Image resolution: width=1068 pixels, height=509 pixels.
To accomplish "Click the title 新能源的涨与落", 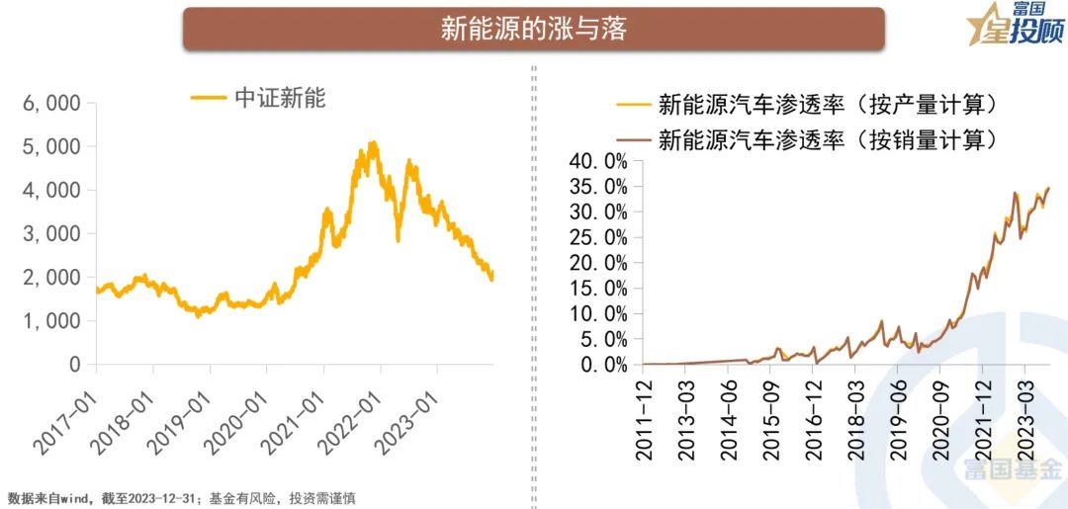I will click(x=533, y=29).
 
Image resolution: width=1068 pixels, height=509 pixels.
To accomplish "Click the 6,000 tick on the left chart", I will click(x=50, y=103).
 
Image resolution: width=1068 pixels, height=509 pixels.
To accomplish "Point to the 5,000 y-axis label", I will click(x=50, y=146).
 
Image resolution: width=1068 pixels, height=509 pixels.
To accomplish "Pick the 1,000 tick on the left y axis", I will click(x=50, y=320).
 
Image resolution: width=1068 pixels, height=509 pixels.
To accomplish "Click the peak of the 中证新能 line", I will click(x=372, y=144).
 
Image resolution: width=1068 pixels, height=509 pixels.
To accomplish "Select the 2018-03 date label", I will click(x=855, y=419).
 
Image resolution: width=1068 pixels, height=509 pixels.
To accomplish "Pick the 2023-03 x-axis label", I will click(x=1025, y=419).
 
